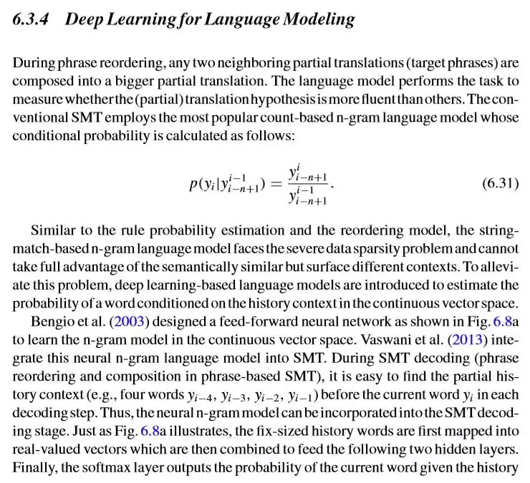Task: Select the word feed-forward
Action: pyautogui.click(x=212, y=317)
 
